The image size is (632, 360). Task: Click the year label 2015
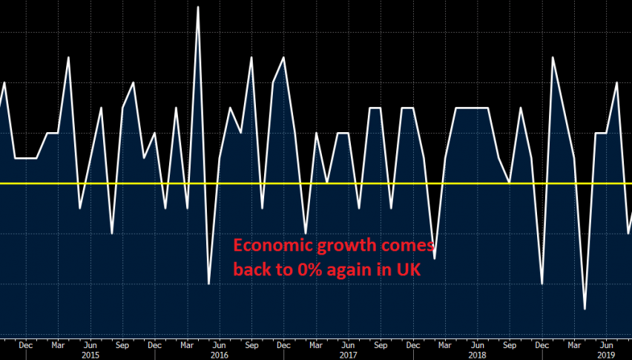click(x=90, y=355)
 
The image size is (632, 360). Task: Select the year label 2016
click(x=219, y=355)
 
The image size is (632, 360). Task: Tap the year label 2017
click(x=348, y=355)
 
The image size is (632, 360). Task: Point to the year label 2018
click(x=477, y=355)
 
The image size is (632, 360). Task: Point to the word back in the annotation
click(x=251, y=270)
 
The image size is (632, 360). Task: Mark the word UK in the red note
click(x=408, y=270)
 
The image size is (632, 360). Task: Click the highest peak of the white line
click(x=198, y=7)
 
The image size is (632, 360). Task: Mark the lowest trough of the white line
click(x=585, y=309)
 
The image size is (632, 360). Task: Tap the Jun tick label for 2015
click(x=90, y=344)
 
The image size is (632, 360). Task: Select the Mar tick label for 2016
click(x=187, y=344)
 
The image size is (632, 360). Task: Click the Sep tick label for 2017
click(x=381, y=344)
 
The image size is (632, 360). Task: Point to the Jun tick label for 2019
click(x=606, y=344)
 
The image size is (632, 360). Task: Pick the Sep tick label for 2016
click(x=251, y=344)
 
